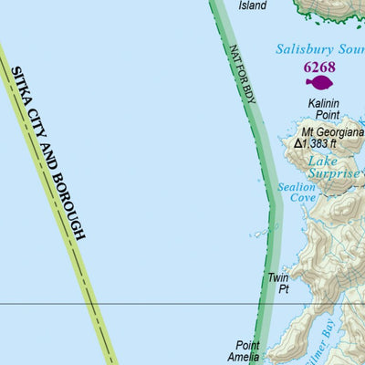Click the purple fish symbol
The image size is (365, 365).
pyautogui.click(x=319, y=83)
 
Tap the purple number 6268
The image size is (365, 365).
pyautogui.click(x=319, y=67)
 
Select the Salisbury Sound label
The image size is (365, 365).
pyautogui.click(x=320, y=49)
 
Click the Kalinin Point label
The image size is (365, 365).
pyautogui.click(x=324, y=109)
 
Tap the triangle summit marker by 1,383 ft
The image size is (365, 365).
pyautogui.click(x=298, y=143)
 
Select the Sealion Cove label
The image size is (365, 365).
pyautogui.click(x=297, y=192)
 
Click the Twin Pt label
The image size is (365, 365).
pyautogui.click(x=277, y=282)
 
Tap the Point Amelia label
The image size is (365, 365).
pyautogui.click(x=248, y=350)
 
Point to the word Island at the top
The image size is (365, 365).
pyautogui.click(x=253, y=5)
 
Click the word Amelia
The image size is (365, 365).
pyautogui.click(x=248, y=357)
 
